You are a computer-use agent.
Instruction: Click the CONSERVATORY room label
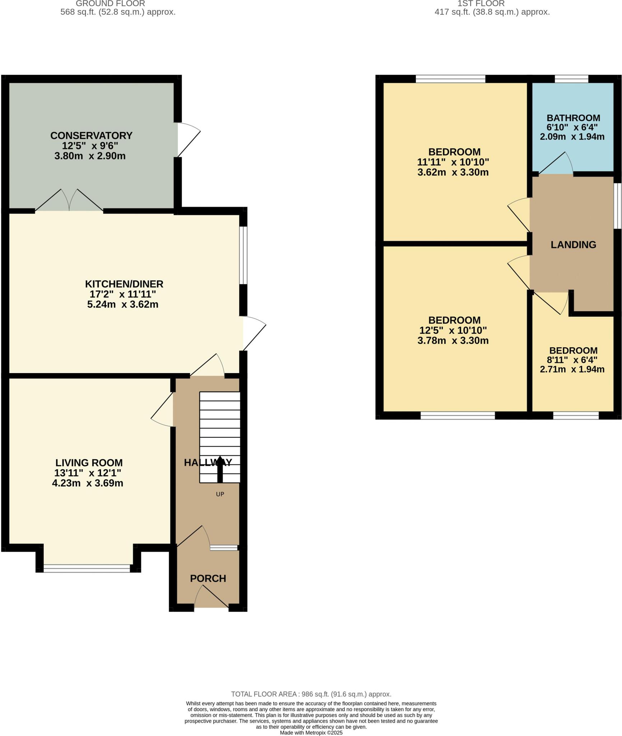click(91, 135)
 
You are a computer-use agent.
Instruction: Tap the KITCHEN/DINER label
click(124, 284)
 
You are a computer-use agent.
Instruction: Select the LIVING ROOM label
click(89, 463)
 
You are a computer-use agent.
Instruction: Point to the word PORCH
click(208, 578)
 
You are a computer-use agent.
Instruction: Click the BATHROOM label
click(573, 118)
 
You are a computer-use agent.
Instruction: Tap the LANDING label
click(573, 245)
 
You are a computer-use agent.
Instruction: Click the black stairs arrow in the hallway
click(220, 469)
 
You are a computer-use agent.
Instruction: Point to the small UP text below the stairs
click(220, 494)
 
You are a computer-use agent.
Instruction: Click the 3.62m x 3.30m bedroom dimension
click(453, 172)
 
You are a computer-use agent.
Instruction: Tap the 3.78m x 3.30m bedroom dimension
click(453, 340)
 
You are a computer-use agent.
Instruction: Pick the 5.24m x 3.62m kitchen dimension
click(123, 304)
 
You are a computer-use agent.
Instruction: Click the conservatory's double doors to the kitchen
click(69, 201)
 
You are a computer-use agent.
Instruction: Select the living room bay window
click(87, 568)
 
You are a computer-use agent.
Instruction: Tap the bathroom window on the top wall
click(571, 79)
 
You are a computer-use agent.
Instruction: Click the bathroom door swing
click(555, 164)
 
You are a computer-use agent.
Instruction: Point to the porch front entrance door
click(212, 598)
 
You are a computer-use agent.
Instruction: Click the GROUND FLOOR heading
click(110, 4)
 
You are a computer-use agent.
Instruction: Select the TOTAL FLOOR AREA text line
click(311, 694)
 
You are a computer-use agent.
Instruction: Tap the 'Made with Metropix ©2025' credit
click(311, 732)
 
